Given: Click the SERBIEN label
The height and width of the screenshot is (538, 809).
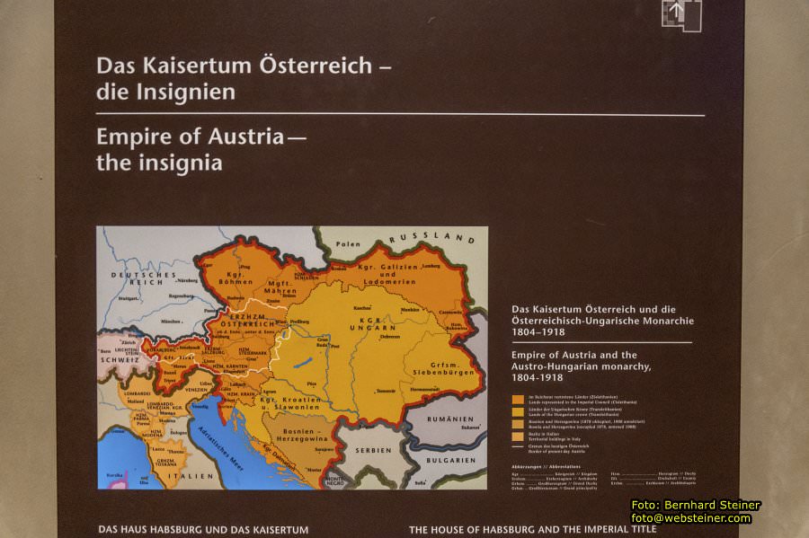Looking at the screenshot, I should click(x=373, y=449).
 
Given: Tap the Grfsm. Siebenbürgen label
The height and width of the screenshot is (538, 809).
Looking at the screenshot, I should click(x=430, y=366).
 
